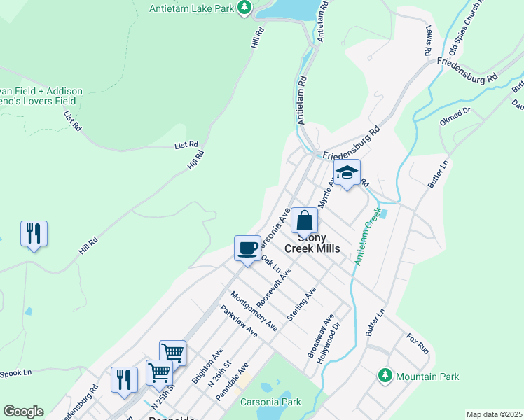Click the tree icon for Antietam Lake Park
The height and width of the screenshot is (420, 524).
pyautogui.click(x=244, y=8)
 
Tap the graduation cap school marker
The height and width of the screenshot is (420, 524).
pyautogui.click(x=346, y=173)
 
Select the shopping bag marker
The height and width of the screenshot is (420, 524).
pyautogui.click(x=305, y=221)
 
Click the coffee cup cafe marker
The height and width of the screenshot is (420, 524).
pyautogui.click(x=247, y=248)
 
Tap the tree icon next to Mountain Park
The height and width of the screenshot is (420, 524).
pyautogui.click(x=384, y=376)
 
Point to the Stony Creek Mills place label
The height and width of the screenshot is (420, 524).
pyautogui.click(x=312, y=243)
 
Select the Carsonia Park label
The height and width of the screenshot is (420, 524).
pyautogui.click(x=270, y=402)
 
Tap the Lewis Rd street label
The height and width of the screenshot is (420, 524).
pyautogui.click(x=427, y=43)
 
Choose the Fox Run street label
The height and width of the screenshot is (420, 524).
pyautogui.click(x=417, y=342)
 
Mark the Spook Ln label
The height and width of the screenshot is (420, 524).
pyautogui.click(x=17, y=373)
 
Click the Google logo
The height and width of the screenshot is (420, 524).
pyautogui.click(x=23, y=412)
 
